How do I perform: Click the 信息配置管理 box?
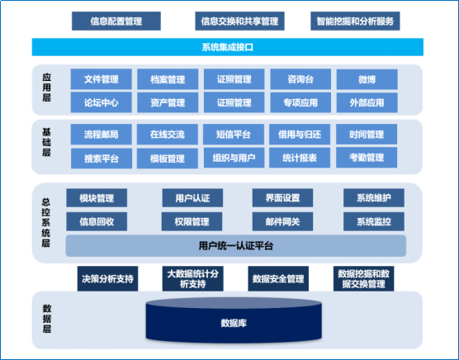(116, 21)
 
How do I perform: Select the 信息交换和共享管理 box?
(239, 21)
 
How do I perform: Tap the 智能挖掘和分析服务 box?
(355, 21)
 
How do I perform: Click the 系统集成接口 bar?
(228, 47)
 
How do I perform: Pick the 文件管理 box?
(102, 79)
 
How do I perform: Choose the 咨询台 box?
(300, 79)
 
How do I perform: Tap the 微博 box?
(367, 79)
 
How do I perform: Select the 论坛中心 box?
(102, 102)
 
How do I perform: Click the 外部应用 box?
(367, 102)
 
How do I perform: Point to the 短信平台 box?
(234, 135)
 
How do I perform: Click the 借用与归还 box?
(300, 135)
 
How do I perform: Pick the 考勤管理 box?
(367, 158)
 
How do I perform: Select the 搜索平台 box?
(102, 159)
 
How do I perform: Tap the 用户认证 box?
(192, 198)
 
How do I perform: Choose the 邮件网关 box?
(283, 221)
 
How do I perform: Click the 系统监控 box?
(374, 221)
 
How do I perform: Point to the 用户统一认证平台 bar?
(236, 246)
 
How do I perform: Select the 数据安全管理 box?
(278, 278)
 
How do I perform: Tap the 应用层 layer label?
(47, 88)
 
